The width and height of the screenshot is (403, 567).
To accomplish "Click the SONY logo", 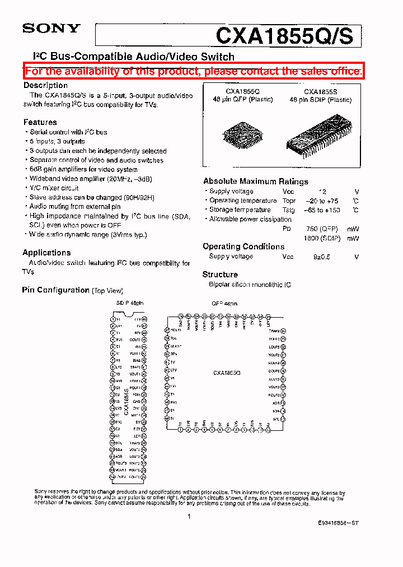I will tap(51, 29).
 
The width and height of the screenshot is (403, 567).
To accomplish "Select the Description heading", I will tap(45, 85).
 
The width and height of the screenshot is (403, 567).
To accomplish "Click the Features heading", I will tap(40, 122).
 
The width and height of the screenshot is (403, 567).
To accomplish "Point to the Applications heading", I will tap(46, 252).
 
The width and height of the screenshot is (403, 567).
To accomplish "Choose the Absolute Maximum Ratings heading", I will tap(255, 181).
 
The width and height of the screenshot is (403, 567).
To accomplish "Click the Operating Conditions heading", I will tap(243, 247).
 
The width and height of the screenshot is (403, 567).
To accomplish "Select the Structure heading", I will tap(220, 275).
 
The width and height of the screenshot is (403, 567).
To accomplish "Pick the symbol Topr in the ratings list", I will tap(289, 201).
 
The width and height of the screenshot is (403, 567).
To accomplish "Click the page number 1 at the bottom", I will tap(190, 517).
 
